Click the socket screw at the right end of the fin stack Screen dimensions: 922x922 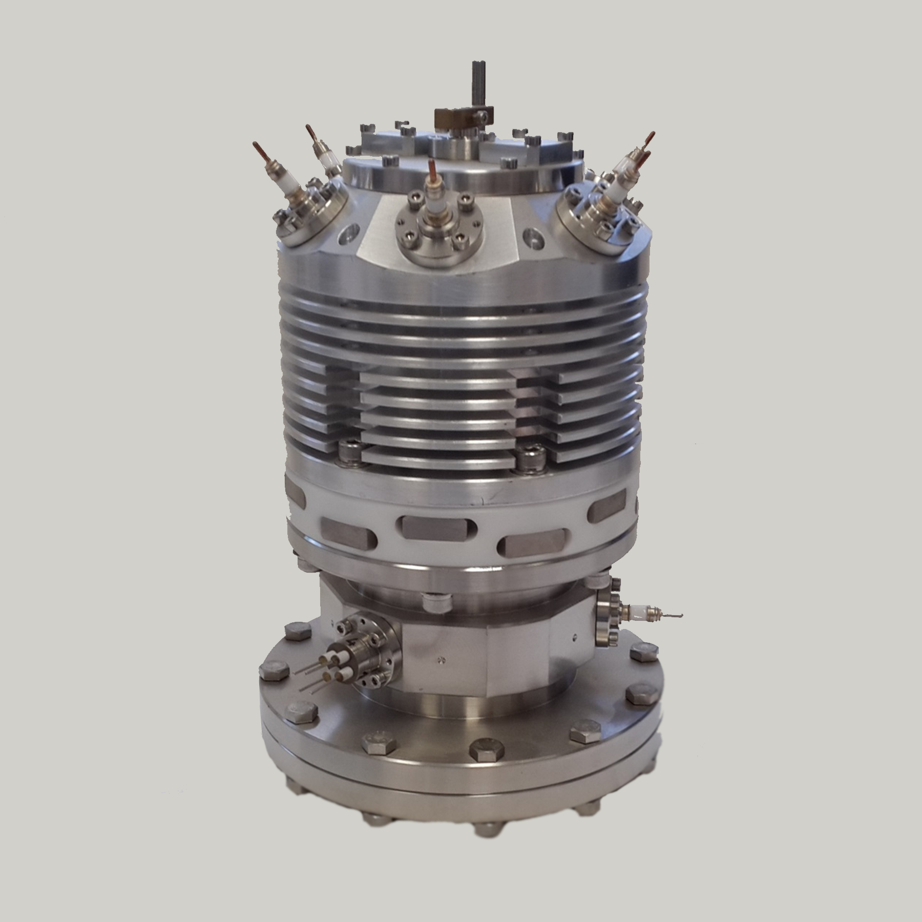(x=528, y=456)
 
